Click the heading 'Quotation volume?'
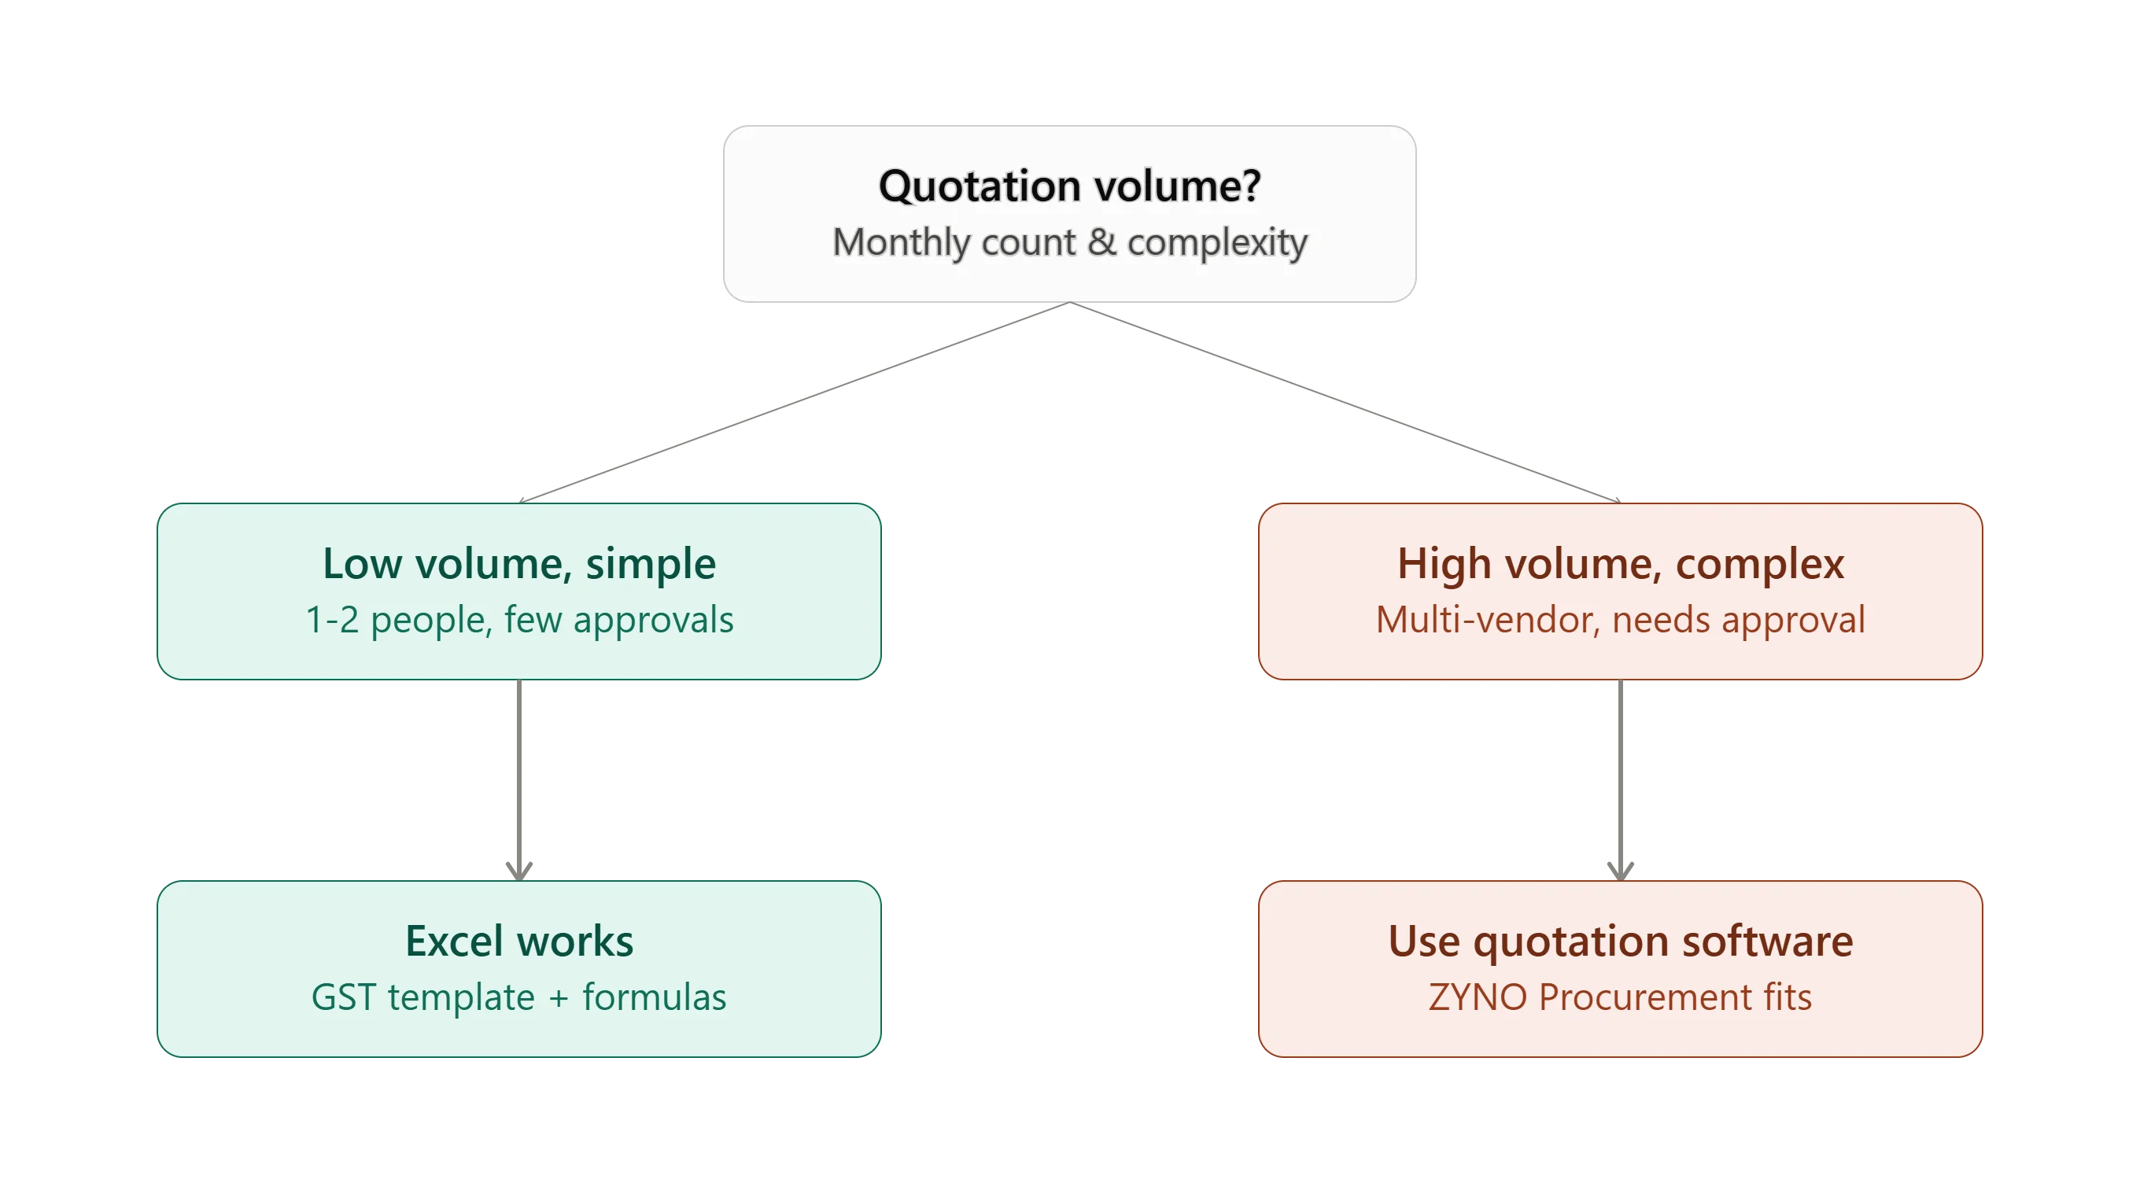coord(1070,186)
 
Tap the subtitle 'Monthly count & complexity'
coord(1070,242)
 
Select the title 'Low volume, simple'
coord(519,563)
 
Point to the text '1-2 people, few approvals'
coord(519,620)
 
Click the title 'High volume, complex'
coord(1621,563)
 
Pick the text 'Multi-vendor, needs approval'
coord(1621,620)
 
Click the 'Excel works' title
coord(519,941)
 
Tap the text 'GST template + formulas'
coord(519,997)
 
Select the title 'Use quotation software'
coord(1621,941)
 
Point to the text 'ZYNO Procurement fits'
coord(1621,997)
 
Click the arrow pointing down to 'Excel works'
coord(519,780)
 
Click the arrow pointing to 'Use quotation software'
coord(1621,780)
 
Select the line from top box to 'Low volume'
coord(795,402)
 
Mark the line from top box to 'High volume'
coord(1346,402)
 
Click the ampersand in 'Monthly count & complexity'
coord(1102,241)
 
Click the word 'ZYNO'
coord(1478,997)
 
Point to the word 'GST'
coord(344,997)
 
